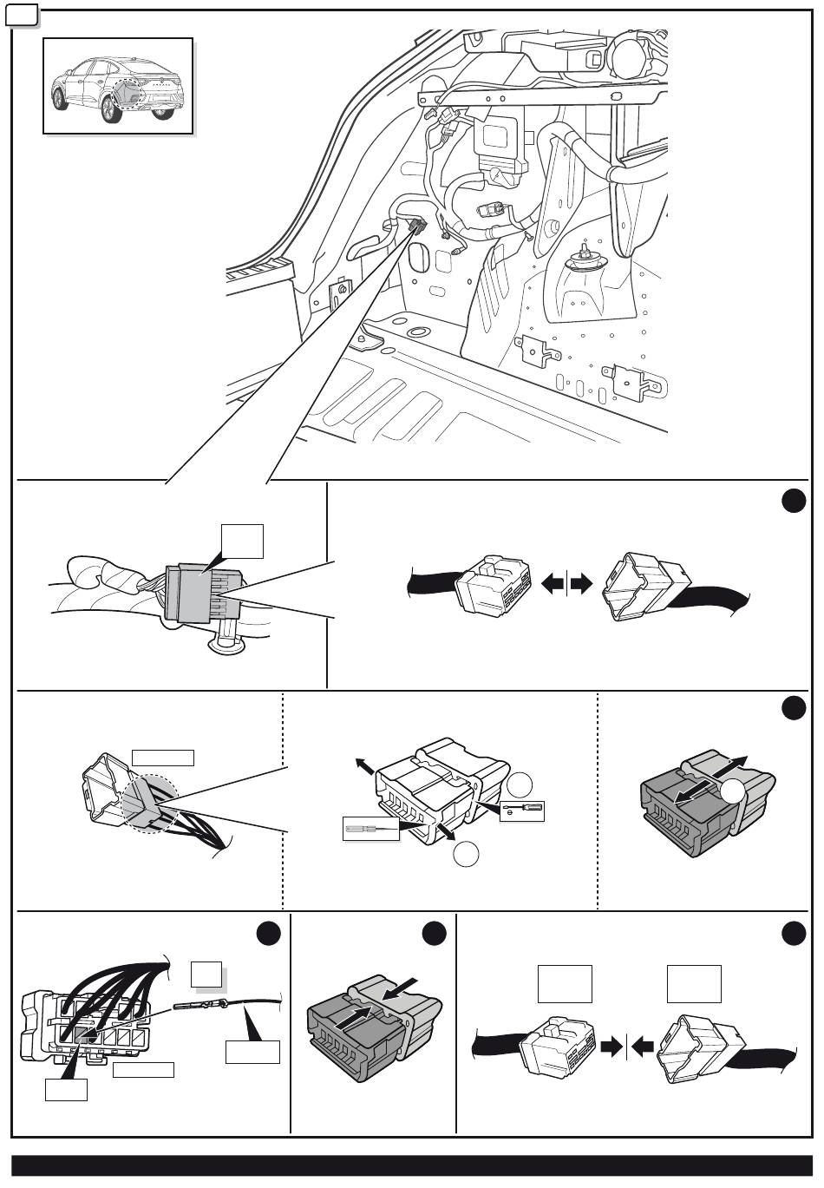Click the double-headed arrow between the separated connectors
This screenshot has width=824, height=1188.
coord(566,585)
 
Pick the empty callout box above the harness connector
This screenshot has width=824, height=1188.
coord(241,540)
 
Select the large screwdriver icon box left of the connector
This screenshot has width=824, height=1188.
coord(370,829)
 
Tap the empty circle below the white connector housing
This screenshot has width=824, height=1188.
coord(465,854)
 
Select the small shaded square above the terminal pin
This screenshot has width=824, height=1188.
coord(206,974)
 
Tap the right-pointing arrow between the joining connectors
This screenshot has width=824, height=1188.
coord(612,1047)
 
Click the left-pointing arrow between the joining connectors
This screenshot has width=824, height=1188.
coord(643,1047)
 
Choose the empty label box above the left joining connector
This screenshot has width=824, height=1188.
coord(565,983)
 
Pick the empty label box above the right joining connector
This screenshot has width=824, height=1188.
coord(694,983)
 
